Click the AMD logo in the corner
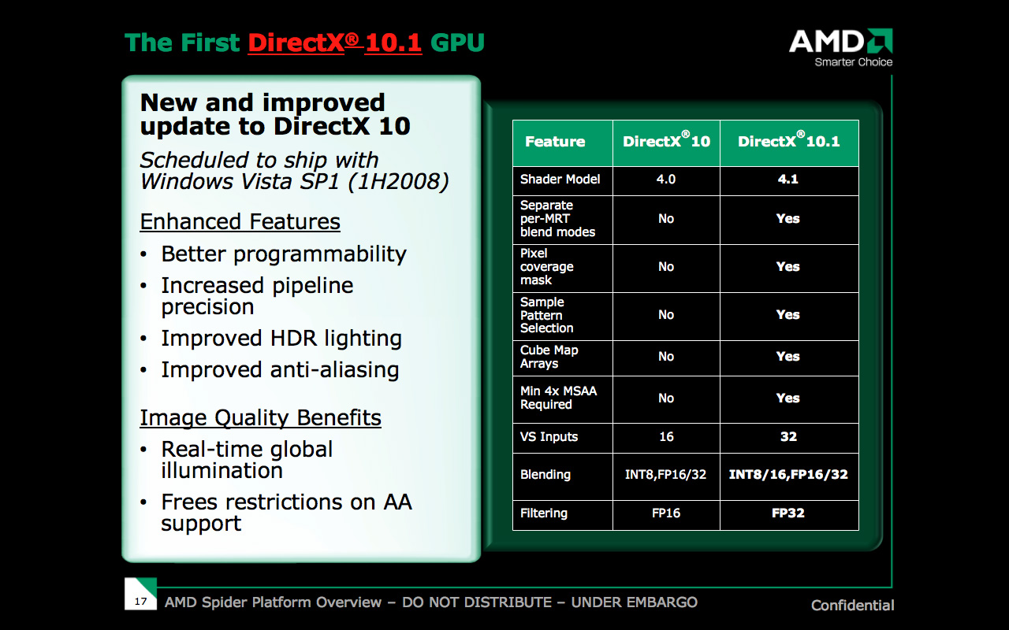click(x=840, y=48)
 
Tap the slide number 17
click(x=140, y=601)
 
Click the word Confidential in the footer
click(x=852, y=606)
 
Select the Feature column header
click(x=555, y=142)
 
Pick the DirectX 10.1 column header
click(x=789, y=140)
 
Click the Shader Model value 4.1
click(x=787, y=179)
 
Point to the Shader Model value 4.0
click(x=666, y=179)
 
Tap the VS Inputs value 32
click(x=788, y=436)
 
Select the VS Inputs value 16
click(x=666, y=436)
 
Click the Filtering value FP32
click(x=787, y=513)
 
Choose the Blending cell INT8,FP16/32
click(x=666, y=474)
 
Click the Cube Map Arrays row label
click(x=549, y=357)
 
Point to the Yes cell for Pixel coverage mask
click(x=787, y=266)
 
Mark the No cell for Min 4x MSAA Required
click(x=666, y=398)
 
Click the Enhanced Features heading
click(x=240, y=222)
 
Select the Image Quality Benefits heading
click(x=260, y=418)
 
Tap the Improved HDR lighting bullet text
click(x=281, y=339)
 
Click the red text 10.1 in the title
click(x=393, y=43)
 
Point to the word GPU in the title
click(x=457, y=43)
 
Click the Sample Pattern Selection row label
click(x=546, y=315)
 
